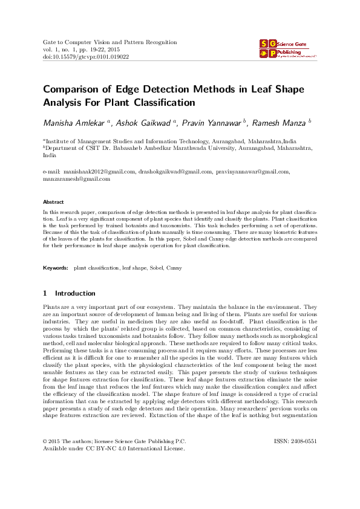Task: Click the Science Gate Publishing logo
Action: tap(288, 49)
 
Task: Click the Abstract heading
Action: tap(54, 201)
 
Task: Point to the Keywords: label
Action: tap(56, 267)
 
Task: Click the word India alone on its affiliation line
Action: tap(49, 155)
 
